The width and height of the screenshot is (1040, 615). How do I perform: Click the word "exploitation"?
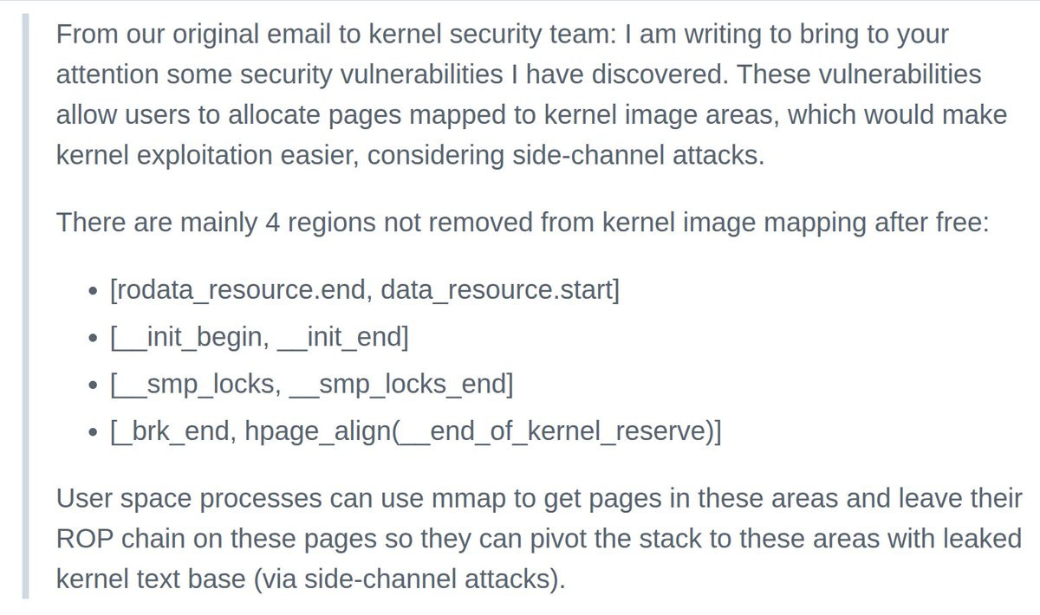[x=205, y=156]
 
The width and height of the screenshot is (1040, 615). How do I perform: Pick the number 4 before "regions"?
[x=272, y=223]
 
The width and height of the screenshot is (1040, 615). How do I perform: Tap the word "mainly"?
[x=218, y=223]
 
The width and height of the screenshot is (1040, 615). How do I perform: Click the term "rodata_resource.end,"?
[x=242, y=290]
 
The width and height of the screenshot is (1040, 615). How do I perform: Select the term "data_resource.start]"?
[x=500, y=290]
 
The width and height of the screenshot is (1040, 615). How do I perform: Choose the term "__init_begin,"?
[x=190, y=338]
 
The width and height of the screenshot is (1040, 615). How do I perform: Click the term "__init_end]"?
[x=342, y=338]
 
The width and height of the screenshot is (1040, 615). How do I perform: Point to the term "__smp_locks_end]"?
[x=401, y=385]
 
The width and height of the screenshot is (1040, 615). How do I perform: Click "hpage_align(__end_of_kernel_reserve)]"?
[x=483, y=432]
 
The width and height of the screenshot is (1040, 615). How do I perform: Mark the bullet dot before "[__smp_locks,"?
[x=93, y=385]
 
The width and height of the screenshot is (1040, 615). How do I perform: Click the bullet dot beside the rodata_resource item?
[x=93, y=291]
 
